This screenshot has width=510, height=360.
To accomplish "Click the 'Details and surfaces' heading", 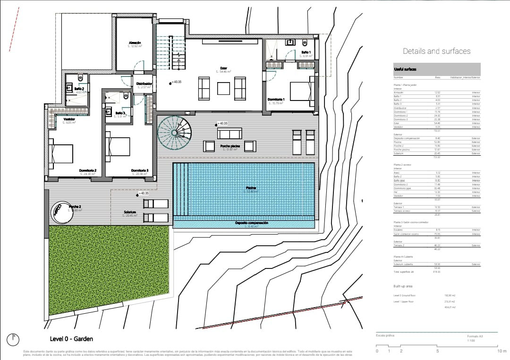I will click(436, 51).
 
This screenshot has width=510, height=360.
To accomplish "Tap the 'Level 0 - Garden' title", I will click(71, 339).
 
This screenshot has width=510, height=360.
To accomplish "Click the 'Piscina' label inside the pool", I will click(251, 188).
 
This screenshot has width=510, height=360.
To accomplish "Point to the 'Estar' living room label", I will click(223, 67).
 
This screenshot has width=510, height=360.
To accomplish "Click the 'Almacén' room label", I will click(135, 43).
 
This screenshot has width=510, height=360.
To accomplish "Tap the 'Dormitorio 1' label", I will click(276, 100).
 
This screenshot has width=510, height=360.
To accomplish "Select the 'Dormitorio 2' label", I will click(87, 170).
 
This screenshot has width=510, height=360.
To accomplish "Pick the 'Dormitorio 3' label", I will click(140, 170).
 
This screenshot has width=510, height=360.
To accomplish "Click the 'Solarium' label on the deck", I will click(130, 212).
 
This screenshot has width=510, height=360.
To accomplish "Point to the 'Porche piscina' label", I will click(230, 146).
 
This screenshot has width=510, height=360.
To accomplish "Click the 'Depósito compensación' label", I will click(252, 223).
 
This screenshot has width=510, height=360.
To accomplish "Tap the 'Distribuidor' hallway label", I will click(144, 84).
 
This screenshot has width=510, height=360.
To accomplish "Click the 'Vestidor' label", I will click(69, 120).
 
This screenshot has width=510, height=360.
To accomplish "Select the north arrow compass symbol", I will click(13, 339).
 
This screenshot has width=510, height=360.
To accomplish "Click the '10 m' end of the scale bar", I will click(501, 351).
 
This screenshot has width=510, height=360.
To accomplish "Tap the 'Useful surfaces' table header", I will click(405, 69).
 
